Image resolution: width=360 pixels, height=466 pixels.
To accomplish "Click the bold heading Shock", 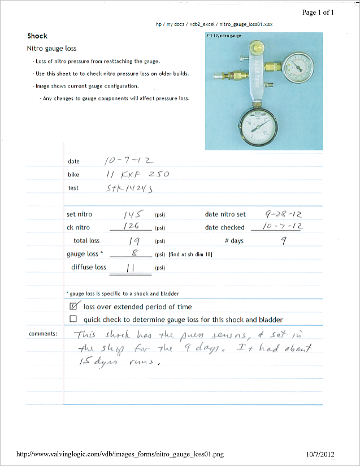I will pos(37,36).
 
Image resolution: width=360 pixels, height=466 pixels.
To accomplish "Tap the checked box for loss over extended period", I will pos(73,307).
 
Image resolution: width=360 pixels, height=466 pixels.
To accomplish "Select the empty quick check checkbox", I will pos(73,319).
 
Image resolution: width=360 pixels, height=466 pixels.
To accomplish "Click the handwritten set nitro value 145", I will pos(134,214).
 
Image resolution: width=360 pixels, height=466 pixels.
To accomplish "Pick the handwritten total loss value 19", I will pos(129,240).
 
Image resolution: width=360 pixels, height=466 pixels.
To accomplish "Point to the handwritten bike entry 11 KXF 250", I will pos(137,174).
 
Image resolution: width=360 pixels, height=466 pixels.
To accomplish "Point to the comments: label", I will pos(43,334).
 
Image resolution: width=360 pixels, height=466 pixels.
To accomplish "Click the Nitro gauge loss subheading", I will pos(51,49).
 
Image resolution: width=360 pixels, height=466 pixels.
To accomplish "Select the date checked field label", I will pos(224,227).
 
